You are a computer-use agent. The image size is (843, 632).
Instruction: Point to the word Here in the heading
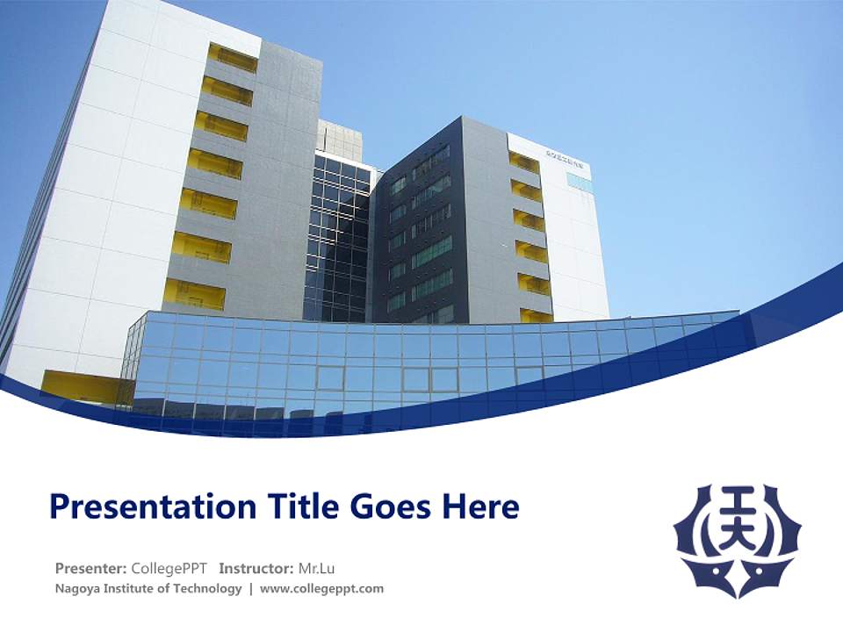(x=483, y=506)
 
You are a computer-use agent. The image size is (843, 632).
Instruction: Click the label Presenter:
(x=90, y=567)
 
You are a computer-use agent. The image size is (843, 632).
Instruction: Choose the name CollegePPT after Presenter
(x=169, y=567)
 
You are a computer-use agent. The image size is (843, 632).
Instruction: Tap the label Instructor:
(x=256, y=567)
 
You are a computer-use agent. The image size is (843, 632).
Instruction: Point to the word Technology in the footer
(x=205, y=588)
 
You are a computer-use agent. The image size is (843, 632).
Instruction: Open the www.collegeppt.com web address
(x=322, y=588)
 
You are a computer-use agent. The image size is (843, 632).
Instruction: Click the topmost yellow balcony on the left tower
(x=233, y=58)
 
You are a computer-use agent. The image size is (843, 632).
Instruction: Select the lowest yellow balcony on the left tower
(x=194, y=294)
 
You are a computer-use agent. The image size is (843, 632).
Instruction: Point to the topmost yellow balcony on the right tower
(x=524, y=162)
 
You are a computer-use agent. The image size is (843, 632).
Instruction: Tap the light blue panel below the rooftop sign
(x=580, y=183)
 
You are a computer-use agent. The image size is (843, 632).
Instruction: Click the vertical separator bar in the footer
(x=251, y=588)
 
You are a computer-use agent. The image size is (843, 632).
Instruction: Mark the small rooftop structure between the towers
(x=340, y=139)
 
